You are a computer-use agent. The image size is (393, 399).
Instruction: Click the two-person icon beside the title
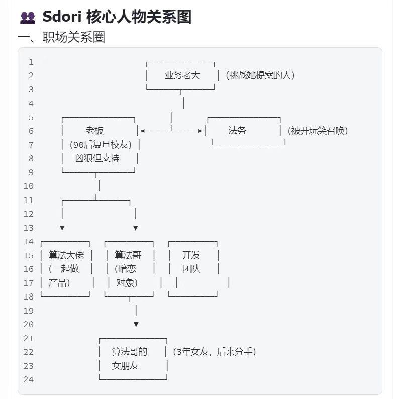[28, 18]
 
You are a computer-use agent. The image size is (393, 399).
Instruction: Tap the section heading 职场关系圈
[73, 37]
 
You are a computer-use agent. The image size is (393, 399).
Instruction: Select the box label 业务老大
[182, 75]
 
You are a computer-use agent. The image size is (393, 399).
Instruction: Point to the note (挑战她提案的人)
[260, 75]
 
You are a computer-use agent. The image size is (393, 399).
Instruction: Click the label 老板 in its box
[94, 131]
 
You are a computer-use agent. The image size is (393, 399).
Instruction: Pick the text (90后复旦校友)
[101, 145]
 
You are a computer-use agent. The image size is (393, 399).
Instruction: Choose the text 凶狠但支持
[97, 158]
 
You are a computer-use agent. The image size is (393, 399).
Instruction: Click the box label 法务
[237, 131]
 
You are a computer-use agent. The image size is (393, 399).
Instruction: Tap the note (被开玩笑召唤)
[318, 131]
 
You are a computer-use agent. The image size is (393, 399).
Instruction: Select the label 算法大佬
[66, 255]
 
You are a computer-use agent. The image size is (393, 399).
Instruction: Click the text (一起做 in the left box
[64, 269]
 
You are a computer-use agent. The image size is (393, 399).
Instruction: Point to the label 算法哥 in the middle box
[128, 255]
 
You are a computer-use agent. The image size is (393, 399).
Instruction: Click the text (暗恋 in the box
[125, 269]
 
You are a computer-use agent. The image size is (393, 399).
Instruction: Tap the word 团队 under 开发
[191, 269]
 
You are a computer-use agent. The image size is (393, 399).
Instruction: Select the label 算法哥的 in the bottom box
[130, 352]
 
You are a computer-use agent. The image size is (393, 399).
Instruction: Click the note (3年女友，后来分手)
[214, 352]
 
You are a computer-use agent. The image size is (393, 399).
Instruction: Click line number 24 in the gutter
[28, 379]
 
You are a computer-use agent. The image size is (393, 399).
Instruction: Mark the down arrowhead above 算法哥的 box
[136, 325]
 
